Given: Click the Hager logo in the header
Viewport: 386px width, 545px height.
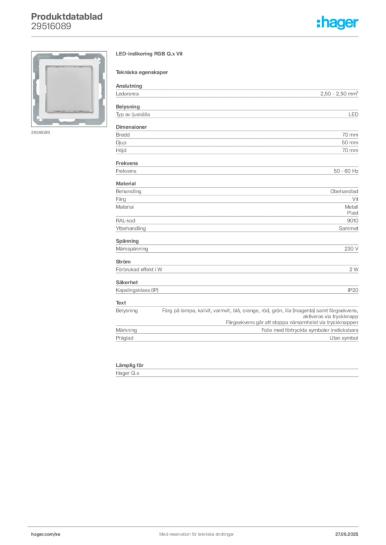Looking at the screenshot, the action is coord(337,22).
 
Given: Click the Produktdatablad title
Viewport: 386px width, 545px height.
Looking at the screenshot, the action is coord(67,16).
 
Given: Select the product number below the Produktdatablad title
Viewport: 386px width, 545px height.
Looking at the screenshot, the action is coord(51,27).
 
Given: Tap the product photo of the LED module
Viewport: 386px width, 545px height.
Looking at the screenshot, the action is coord(69,89).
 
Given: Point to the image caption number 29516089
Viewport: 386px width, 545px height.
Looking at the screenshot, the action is coord(41,133).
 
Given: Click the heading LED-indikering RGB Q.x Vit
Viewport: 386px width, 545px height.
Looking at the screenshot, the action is coord(149,54).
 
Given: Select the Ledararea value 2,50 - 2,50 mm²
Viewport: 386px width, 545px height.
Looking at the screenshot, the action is coord(339,94).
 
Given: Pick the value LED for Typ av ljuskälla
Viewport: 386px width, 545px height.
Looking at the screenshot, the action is coord(353,114).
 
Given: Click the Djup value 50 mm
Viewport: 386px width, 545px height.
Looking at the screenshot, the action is coord(350,143).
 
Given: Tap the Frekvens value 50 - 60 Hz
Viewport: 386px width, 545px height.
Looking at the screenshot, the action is coord(345,171).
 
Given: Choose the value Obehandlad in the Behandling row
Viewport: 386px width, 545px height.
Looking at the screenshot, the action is coord(344,191).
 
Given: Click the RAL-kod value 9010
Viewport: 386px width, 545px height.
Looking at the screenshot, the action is coord(352,220).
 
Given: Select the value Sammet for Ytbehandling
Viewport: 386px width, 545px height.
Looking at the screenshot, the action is coord(348,228).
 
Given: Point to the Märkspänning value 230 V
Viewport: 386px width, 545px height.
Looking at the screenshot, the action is coord(351,249).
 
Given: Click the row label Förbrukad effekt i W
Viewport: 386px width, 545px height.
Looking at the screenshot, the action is coord(139,269).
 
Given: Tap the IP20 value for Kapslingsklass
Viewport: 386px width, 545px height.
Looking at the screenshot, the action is coord(353,290).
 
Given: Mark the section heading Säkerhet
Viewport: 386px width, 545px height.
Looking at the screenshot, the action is coord(127,282).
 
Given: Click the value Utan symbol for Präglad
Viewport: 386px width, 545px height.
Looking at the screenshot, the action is coord(344,338).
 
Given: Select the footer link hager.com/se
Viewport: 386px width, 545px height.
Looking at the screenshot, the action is coord(46,534).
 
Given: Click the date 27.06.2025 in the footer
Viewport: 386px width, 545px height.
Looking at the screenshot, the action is coord(347,534).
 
